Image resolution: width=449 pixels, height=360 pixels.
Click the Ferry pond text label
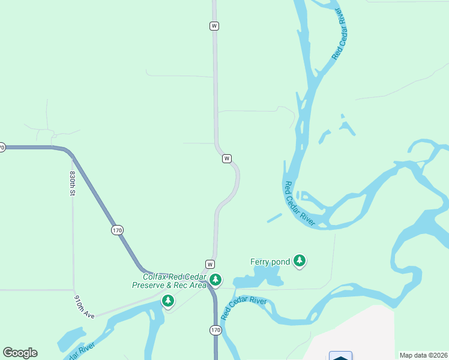[270, 262]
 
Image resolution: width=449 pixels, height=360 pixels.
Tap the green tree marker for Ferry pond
[300, 261]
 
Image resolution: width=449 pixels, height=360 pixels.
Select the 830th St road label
[73, 183]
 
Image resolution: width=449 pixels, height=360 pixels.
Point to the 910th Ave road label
[85, 306]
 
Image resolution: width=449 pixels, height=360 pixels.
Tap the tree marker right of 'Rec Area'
[215, 280]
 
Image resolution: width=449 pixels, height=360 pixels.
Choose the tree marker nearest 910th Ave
[169, 300]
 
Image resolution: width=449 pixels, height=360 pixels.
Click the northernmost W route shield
[214, 26]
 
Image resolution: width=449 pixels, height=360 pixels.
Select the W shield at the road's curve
[226, 158]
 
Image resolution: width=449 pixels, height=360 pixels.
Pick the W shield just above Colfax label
[209, 264]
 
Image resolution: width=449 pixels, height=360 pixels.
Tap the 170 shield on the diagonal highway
[117, 230]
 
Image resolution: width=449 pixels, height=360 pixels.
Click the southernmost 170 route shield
[216, 330]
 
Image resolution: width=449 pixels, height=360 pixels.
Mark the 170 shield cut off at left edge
[2, 147]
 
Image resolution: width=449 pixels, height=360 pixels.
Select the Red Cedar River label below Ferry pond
[244, 308]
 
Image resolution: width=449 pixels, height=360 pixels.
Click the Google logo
[20, 353]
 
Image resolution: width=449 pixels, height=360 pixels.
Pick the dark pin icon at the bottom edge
[340, 356]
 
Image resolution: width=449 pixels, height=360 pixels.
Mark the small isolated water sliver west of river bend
[274, 218]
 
